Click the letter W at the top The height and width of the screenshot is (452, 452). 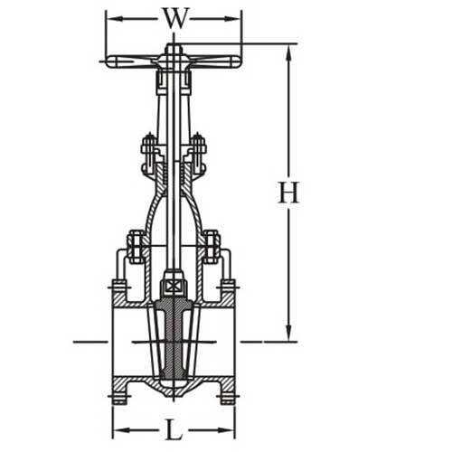tap(174, 18)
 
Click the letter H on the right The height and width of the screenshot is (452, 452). tap(288, 193)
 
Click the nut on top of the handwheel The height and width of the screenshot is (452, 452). tap(174, 49)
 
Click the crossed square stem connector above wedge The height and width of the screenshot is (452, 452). tap(174, 287)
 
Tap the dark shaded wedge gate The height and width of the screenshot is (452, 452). tap(174, 339)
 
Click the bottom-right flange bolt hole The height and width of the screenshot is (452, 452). tap(227, 395)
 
